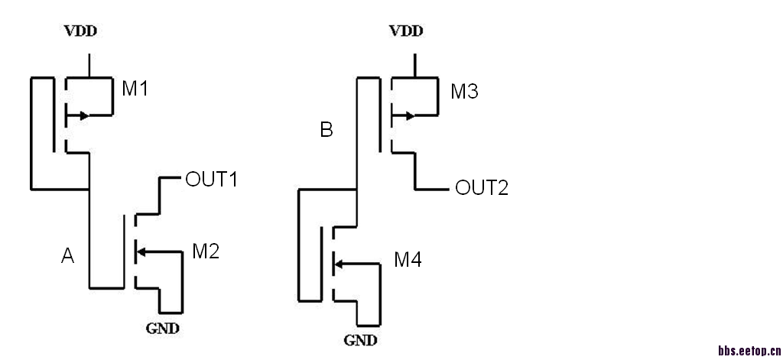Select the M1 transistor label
[135, 89]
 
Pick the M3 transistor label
[464, 92]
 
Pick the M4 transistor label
[408, 261]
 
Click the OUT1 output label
[213, 180]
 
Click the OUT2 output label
[482, 188]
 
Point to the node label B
[327, 131]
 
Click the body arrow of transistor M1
[81, 116]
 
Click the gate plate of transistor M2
[124, 251]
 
